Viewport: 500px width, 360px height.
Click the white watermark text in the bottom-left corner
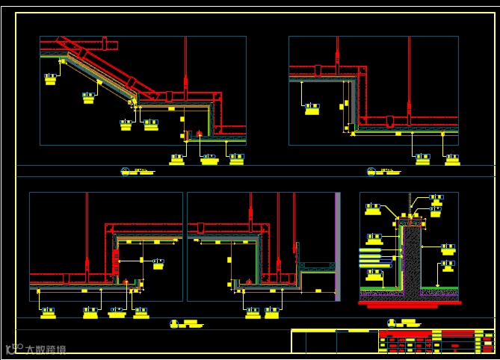click(36, 349)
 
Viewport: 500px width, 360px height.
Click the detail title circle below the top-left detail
click(126, 171)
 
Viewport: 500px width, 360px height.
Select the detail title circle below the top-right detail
click(371, 171)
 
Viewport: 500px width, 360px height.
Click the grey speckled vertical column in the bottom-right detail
click(410, 258)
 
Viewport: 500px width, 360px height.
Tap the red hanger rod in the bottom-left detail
click(87, 232)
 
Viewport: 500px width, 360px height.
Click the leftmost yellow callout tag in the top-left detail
click(51, 78)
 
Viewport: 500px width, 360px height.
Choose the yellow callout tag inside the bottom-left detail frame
click(158, 262)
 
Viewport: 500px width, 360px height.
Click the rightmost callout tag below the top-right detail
click(452, 158)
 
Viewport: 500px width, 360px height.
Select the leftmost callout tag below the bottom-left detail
click(48, 311)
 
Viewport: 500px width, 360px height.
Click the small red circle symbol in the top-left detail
click(200, 134)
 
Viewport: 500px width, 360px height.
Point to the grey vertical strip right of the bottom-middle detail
click(339, 246)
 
